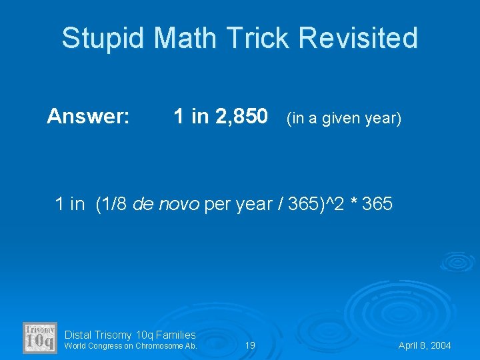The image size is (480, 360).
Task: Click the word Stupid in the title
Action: point(103,39)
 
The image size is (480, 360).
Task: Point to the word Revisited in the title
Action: point(358,39)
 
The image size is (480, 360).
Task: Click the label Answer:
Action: point(88,117)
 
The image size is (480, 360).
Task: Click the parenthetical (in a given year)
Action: point(344,119)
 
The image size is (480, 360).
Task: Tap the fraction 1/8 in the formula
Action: point(116,204)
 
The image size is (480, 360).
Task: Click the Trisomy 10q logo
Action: point(40,337)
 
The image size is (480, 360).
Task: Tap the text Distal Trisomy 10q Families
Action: point(130,335)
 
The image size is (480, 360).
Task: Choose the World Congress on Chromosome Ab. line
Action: point(131,346)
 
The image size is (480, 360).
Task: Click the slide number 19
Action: point(250,346)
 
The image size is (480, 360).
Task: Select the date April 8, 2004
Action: point(425,346)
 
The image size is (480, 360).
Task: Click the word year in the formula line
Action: point(251,204)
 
